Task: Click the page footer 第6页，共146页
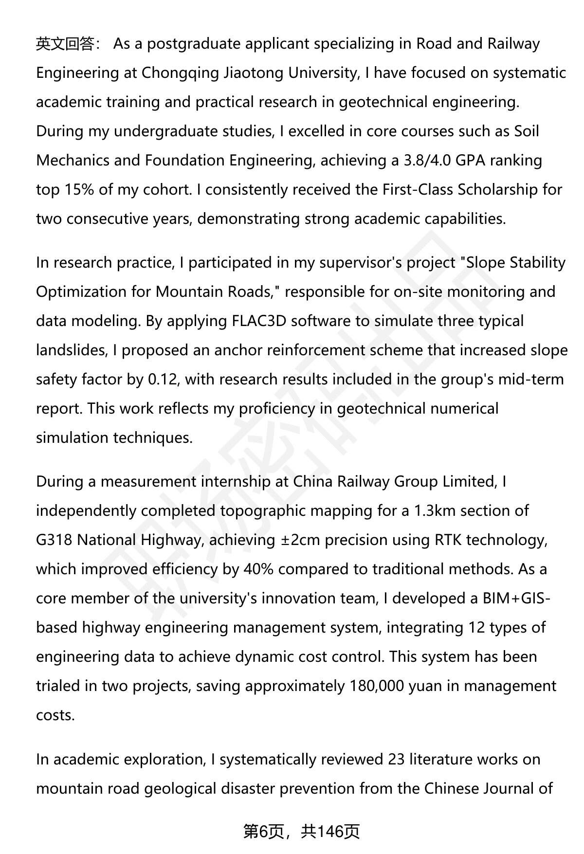301,832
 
